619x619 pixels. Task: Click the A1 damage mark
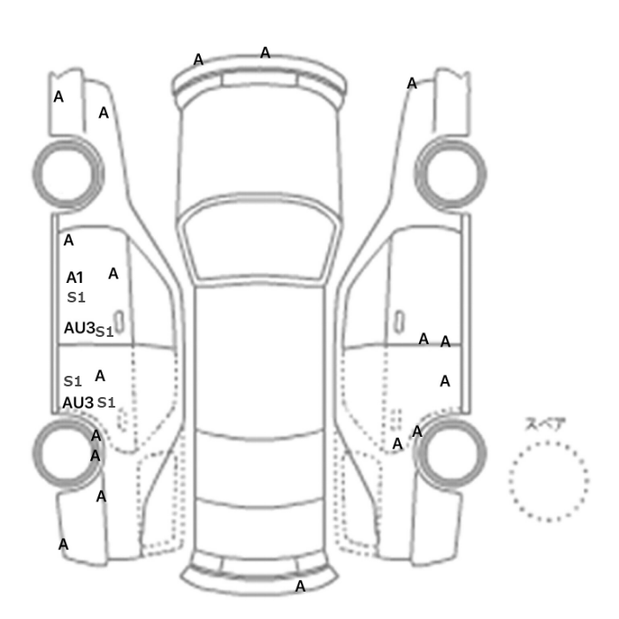coord(74,278)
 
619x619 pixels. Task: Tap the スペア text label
coord(540,424)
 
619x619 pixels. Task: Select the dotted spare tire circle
coord(549,481)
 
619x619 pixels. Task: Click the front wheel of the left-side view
coord(68,173)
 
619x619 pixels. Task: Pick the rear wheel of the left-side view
coord(68,453)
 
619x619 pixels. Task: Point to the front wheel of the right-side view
coord(450,173)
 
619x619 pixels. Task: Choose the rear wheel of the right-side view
coord(450,453)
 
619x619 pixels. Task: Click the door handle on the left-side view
coord(118,321)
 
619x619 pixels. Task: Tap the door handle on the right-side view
coord(400,321)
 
